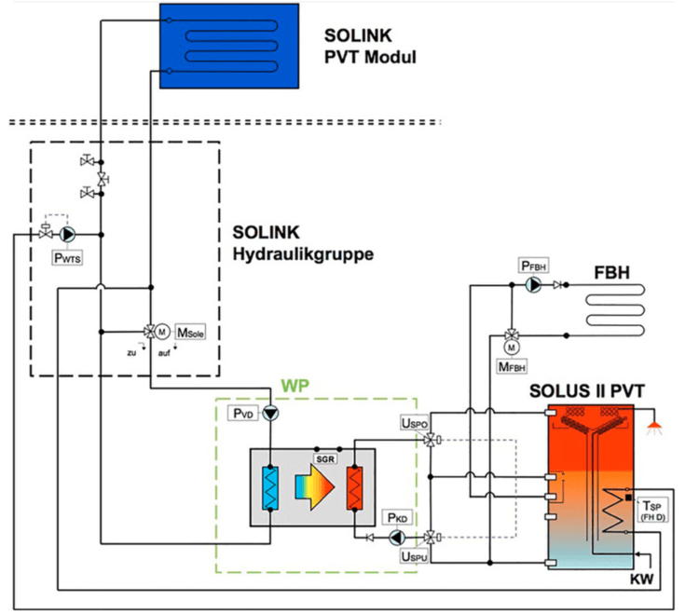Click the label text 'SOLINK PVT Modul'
(370, 47)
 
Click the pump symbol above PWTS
(68, 235)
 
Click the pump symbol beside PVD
(269, 413)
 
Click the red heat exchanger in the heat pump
(355, 488)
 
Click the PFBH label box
(534, 266)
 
